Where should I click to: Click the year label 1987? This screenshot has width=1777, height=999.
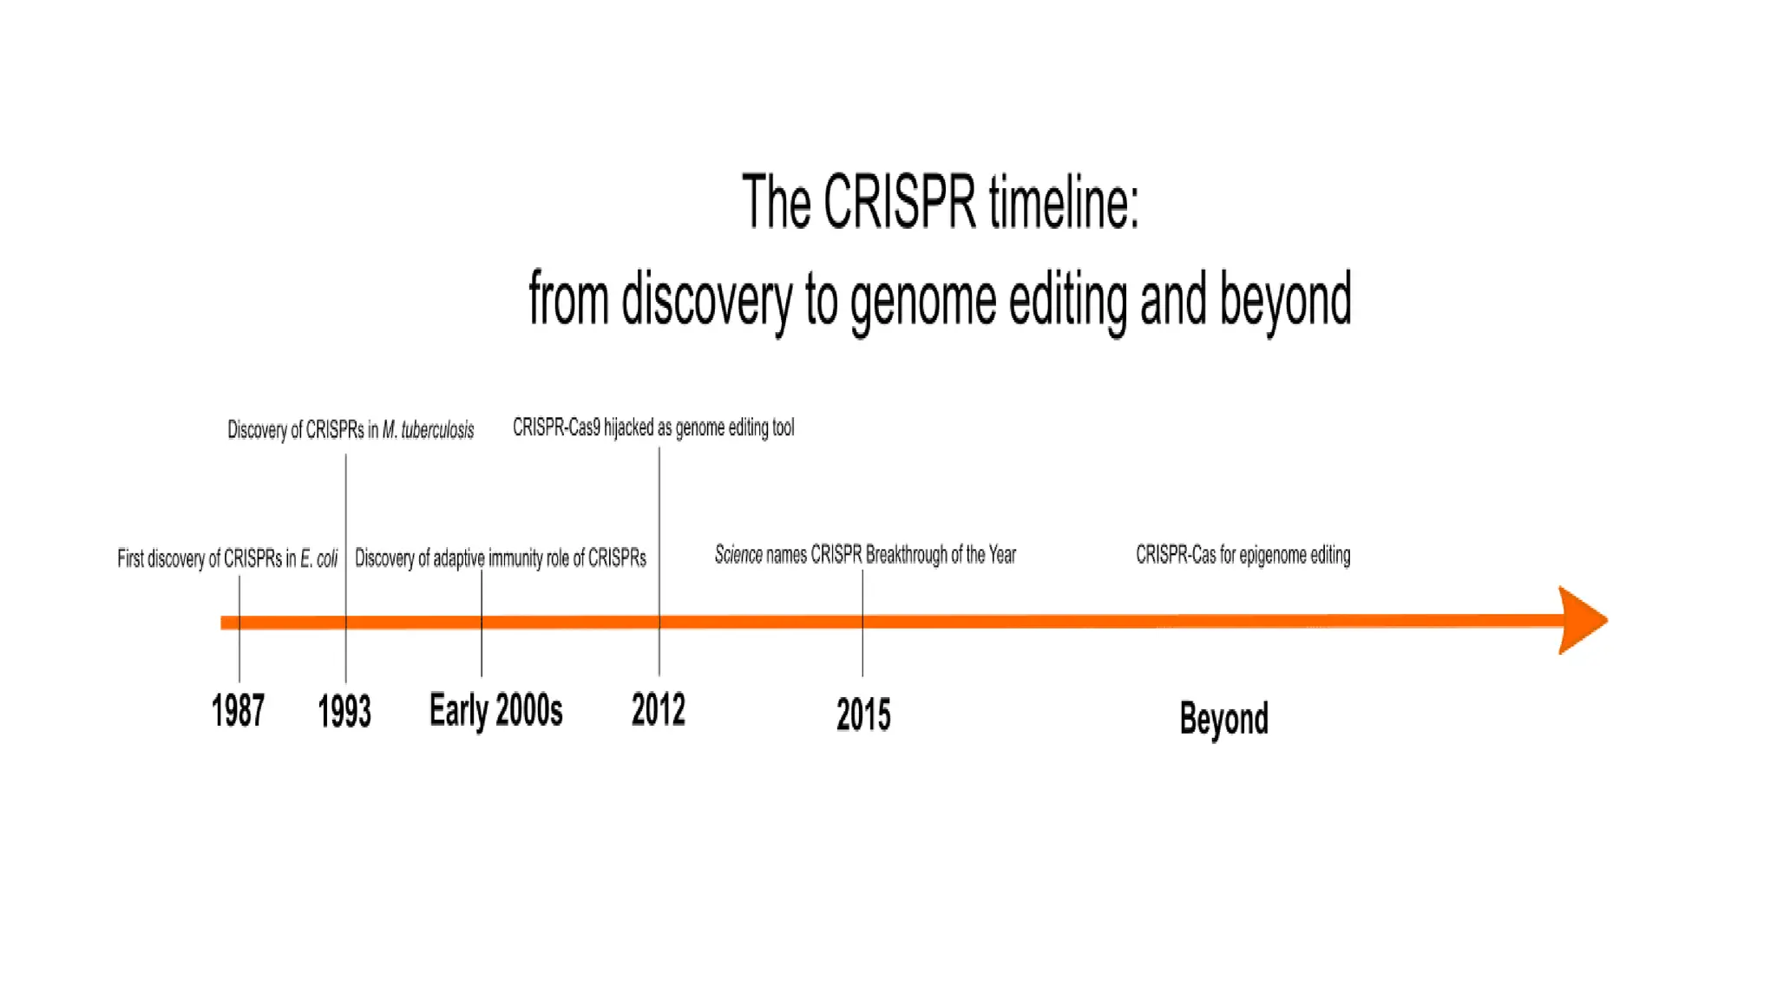coord(238,711)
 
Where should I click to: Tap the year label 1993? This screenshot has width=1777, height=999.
coord(344,712)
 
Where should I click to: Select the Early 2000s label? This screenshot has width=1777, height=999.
coord(495,711)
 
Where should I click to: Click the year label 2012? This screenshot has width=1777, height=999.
coord(658,710)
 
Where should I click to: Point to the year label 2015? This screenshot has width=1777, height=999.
coord(862,715)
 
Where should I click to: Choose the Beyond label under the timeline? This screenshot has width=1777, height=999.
coord(1223,719)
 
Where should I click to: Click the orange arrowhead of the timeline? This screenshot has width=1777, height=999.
coord(1581,620)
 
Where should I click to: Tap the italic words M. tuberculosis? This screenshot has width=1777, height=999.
coord(428,430)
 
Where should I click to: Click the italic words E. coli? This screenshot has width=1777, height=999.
coord(318,559)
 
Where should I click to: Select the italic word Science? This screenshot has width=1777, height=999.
coord(738,555)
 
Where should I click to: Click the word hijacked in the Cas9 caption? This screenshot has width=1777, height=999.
coord(629,428)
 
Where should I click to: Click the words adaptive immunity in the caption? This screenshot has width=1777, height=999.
coord(488,558)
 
